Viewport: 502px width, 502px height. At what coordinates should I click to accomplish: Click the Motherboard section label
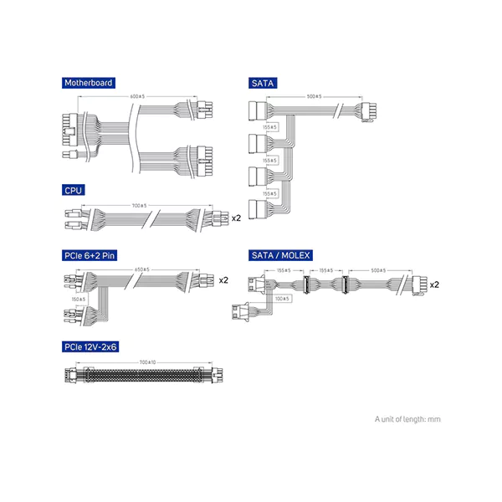point(89,83)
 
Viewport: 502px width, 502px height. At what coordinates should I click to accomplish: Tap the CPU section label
point(74,191)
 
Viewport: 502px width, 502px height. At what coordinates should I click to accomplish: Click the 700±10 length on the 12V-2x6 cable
point(147,361)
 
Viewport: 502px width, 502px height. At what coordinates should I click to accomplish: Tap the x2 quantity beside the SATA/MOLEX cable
point(435,284)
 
